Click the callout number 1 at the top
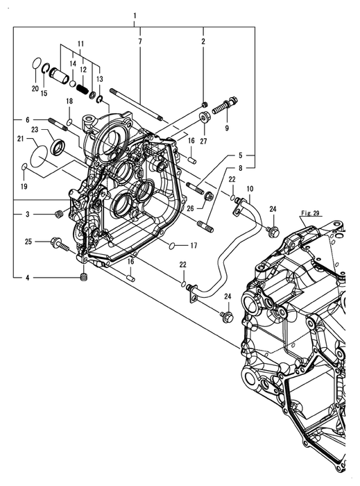click(x=135, y=15)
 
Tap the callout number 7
click(x=140, y=41)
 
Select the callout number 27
click(x=203, y=141)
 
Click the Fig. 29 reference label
click(x=311, y=213)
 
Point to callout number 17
click(x=194, y=246)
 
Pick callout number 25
click(x=28, y=241)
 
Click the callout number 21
click(x=20, y=139)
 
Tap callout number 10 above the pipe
click(x=250, y=188)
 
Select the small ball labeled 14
click(x=72, y=83)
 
